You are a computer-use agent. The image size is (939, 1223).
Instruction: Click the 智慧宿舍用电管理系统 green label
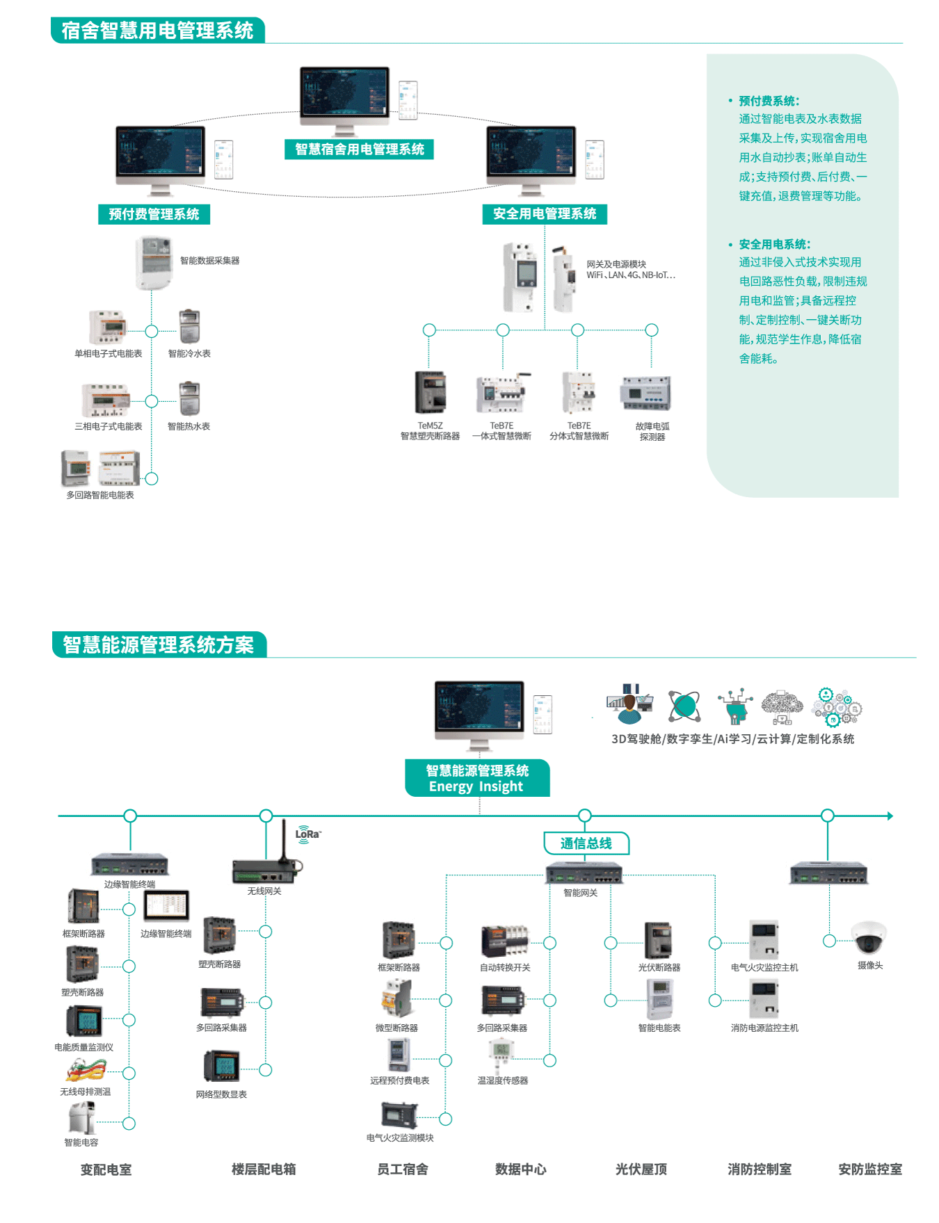359,149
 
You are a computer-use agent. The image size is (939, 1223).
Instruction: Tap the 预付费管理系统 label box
154,214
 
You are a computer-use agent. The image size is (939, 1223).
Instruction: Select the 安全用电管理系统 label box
545,214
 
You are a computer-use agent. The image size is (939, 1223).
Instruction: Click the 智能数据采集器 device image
154,262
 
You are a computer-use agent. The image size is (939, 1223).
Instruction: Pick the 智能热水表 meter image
189,398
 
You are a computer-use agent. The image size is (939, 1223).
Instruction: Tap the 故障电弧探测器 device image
645,394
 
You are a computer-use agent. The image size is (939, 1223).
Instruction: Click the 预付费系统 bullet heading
769,101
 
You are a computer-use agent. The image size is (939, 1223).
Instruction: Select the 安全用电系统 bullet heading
774,244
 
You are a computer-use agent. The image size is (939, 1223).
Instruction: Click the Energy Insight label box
477,778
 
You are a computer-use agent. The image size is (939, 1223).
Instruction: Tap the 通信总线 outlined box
586,843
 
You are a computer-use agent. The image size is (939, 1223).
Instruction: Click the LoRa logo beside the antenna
307,834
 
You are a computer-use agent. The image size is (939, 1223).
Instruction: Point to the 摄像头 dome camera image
869,938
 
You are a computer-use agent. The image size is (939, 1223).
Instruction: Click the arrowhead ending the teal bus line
890,816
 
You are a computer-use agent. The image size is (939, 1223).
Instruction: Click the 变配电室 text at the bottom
106,1169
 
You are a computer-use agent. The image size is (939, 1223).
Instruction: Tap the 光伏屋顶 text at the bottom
641,1169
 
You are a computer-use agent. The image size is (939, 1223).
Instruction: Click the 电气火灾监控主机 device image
763,940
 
